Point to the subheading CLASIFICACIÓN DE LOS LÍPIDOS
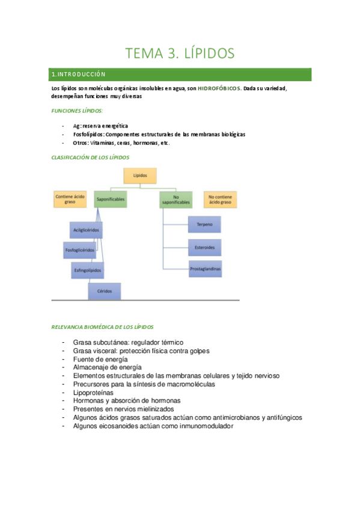[x=90, y=157]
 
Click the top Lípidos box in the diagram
[x=139, y=176]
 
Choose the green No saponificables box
[x=175, y=200]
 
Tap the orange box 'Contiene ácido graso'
[x=69, y=200]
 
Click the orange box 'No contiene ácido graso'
[x=219, y=200]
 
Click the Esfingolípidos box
[x=88, y=269]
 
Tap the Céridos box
[x=105, y=291]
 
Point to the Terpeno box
[x=204, y=225]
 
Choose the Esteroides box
[x=204, y=247]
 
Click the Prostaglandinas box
[x=204, y=269]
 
